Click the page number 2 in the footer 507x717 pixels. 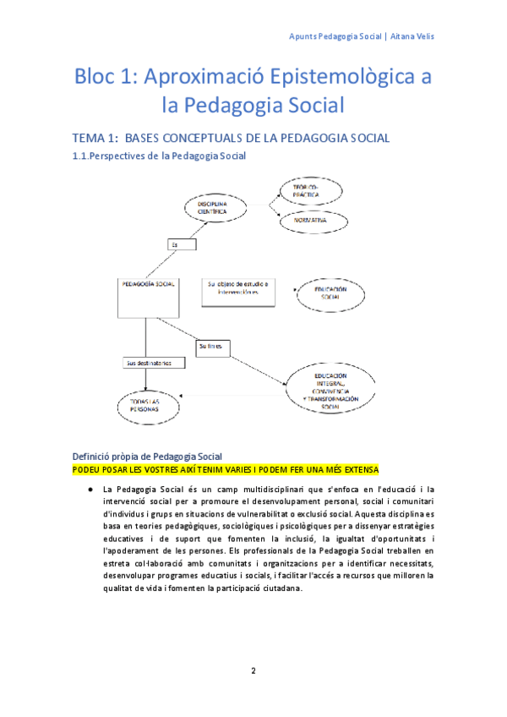[x=253, y=671]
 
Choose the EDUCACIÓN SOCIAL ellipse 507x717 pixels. [x=330, y=294]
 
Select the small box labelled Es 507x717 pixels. [x=177, y=244]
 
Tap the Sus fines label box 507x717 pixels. [x=211, y=346]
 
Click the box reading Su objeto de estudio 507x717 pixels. [x=237, y=288]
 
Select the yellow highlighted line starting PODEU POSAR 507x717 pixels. [x=226, y=469]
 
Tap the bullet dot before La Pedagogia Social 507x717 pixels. [x=88, y=489]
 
